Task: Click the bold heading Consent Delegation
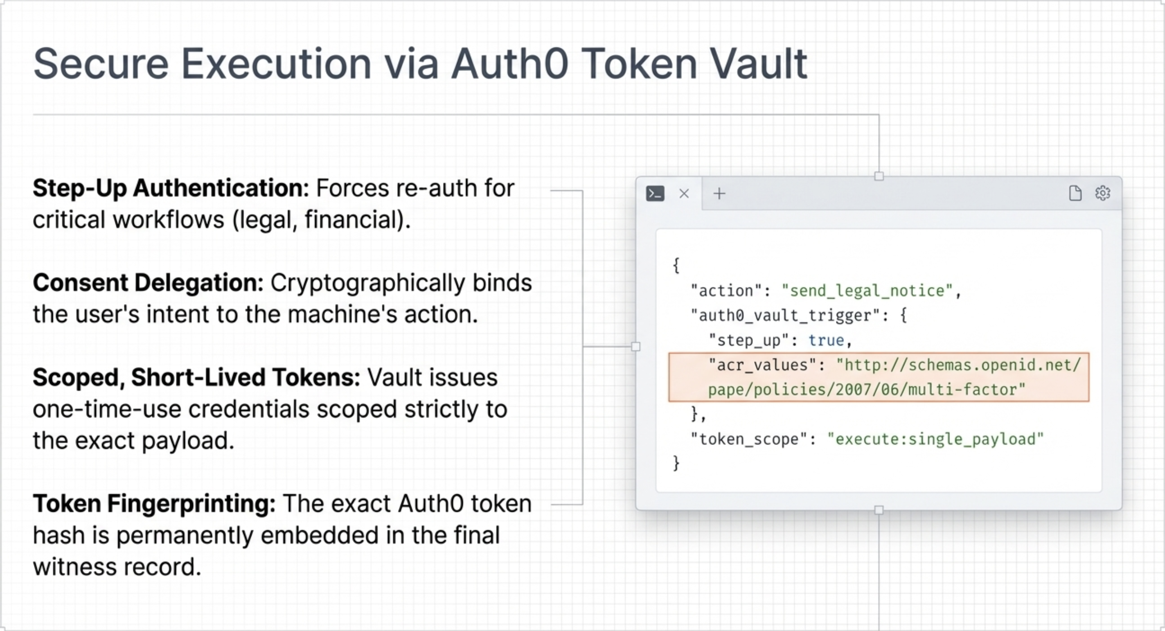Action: pyautogui.click(x=148, y=283)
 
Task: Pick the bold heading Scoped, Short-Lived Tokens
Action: pyautogui.click(x=196, y=377)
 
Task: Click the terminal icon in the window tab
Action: pyautogui.click(x=655, y=194)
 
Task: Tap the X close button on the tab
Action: pyautogui.click(x=684, y=194)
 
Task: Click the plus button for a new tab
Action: pyautogui.click(x=719, y=194)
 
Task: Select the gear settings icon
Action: pyautogui.click(x=1102, y=193)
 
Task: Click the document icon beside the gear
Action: pyautogui.click(x=1075, y=193)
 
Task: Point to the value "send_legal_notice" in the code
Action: pyautogui.click(x=867, y=291)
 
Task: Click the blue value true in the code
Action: pyautogui.click(x=826, y=340)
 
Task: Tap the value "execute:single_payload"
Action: pyautogui.click(x=935, y=439)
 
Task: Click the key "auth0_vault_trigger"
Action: pyautogui.click(x=786, y=315)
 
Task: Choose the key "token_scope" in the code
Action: pyautogui.click(x=749, y=439)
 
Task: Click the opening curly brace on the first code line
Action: pyautogui.click(x=676, y=266)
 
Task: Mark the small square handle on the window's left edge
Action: pyautogui.click(x=636, y=347)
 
